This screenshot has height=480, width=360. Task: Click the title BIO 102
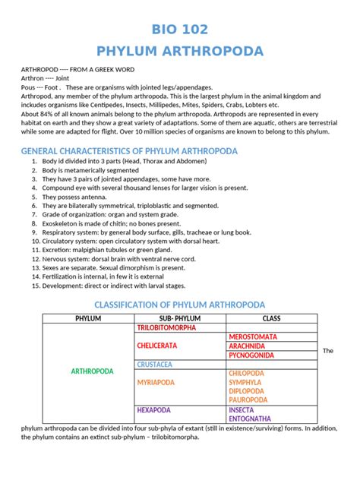tap(180, 29)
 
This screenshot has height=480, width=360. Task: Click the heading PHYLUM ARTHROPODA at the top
tap(180, 51)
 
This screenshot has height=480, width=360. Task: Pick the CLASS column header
tap(271, 318)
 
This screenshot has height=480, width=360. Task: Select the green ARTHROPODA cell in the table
tap(92, 371)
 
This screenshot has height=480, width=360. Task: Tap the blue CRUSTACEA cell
tap(154, 364)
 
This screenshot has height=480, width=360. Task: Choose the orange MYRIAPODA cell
tap(156, 382)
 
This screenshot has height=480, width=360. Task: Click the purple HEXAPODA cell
tap(153, 409)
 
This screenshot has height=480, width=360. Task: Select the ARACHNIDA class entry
tap(248, 346)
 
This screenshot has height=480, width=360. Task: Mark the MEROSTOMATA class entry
tap(252, 336)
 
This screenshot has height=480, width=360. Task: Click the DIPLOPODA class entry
tap(247, 391)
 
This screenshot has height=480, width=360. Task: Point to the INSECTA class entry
tap(242, 409)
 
